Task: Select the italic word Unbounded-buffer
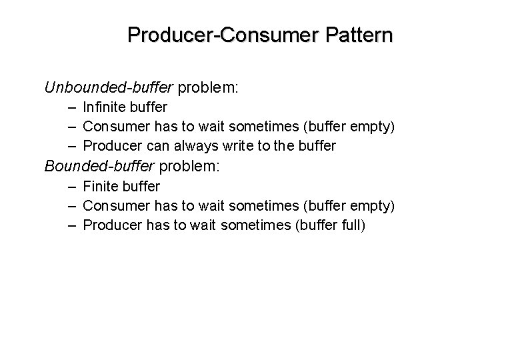point(109,87)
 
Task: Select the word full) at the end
point(351,225)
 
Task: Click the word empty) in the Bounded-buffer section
point(373,206)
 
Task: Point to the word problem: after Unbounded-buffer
point(205,87)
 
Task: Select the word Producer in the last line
point(112,225)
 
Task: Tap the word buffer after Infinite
point(148,107)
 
